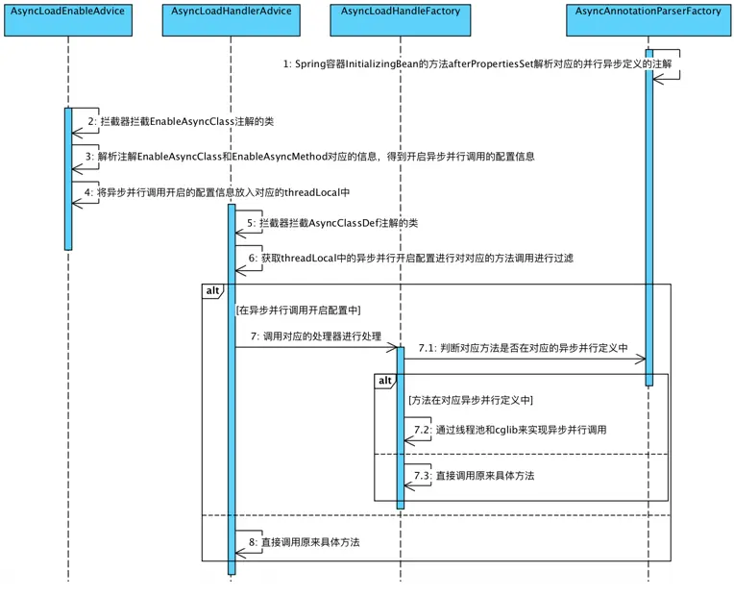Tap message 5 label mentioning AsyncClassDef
[x=332, y=223]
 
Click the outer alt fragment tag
[x=212, y=290]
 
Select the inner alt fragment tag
[x=384, y=381]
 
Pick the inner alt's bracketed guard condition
[x=470, y=399]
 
